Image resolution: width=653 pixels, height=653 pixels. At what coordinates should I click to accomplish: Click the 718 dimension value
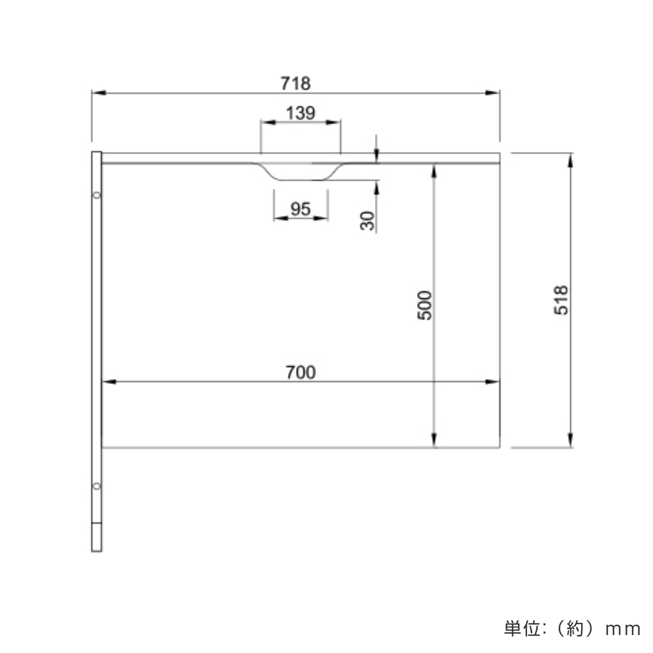295,83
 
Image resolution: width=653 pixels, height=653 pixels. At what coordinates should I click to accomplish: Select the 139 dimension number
300,113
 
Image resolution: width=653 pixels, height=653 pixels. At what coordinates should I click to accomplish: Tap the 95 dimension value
300,208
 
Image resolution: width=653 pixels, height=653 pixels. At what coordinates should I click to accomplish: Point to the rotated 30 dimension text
368,220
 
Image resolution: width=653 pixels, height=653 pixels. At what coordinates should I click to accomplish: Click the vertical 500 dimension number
424,305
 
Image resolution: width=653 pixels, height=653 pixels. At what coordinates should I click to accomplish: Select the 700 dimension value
300,372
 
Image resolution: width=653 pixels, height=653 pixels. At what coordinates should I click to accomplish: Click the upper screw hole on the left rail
96,194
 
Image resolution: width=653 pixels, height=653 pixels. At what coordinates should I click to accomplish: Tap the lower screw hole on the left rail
96,485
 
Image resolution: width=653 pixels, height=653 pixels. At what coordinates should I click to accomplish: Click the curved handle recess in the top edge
300,173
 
